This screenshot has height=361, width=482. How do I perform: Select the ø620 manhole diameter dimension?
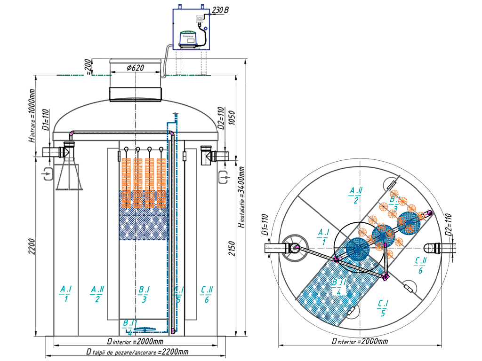point(135,68)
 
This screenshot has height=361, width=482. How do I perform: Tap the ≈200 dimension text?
point(88,68)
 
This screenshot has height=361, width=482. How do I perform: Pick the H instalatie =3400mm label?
point(241,197)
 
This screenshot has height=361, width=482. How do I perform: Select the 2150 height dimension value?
point(232,245)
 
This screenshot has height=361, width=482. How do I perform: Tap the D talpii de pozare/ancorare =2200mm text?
point(137,352)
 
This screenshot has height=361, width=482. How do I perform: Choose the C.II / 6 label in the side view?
point(207,294)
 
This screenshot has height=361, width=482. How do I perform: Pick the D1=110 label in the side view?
point(46,120)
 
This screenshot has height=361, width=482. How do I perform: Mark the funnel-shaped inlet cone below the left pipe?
point(69,175)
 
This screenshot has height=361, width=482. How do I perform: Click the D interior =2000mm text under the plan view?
point(360,341)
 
